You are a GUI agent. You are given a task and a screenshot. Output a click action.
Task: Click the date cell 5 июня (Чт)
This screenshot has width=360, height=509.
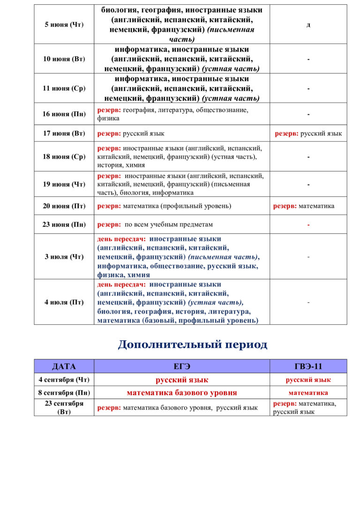tap(64, 24)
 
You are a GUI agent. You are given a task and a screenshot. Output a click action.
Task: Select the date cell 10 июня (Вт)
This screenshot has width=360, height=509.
tap(64, 59)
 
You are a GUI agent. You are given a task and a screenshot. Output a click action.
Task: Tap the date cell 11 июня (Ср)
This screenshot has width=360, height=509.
tap(64, 88)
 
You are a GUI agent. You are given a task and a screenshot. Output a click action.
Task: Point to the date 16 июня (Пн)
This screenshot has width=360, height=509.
tap(64, 114)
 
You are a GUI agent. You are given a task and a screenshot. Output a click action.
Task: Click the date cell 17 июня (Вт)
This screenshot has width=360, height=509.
tap(64, 134)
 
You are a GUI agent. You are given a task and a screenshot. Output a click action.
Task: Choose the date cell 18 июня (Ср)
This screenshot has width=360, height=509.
tap(64, 157)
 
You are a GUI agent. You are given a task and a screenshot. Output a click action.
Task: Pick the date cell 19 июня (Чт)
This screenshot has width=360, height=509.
tap(64, 184)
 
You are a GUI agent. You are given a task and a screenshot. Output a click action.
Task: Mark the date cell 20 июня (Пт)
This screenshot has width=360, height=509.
tap(64, 206)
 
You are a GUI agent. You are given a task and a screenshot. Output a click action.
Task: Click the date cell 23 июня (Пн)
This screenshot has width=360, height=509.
tap(64, 225)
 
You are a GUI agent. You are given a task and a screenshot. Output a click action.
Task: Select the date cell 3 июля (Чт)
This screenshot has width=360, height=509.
tap(64, 257)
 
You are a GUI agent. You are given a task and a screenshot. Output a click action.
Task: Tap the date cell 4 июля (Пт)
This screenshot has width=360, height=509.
tap(64, 302)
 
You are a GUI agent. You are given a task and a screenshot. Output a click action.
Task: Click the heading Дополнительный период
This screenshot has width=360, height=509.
tap(193, 345)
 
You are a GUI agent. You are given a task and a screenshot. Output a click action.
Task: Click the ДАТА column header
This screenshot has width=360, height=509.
tap(64, 367)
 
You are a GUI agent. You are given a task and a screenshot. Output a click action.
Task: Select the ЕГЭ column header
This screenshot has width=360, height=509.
tap(182, 367)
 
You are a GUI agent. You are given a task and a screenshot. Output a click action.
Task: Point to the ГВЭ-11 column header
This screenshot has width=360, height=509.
tap(308, 367)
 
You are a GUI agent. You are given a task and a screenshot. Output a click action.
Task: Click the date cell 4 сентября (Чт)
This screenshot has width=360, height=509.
tap(64, 380)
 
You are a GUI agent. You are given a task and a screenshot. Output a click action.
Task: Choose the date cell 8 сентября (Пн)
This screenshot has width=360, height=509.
tap(64, 393)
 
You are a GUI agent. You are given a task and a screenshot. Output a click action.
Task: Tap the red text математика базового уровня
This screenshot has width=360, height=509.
tap(182, 393)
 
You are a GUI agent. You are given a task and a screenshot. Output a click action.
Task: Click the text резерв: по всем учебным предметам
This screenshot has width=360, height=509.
tap(155, 225)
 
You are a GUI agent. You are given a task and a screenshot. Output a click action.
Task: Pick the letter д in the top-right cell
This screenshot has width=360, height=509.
tap(308, 25)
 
